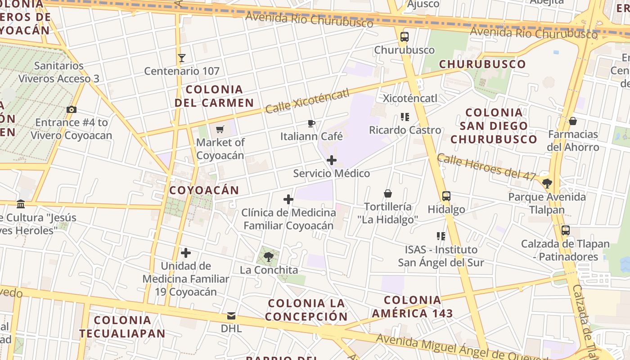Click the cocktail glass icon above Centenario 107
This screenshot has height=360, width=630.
point(182,58)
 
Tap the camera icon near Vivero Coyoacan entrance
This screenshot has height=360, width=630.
point(71,109)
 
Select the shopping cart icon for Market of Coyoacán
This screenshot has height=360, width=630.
point(220,130)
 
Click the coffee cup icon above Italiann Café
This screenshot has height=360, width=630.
point(311,123)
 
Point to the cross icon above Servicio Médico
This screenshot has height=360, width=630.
point(332,160)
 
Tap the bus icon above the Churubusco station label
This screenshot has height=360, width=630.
point(404,37)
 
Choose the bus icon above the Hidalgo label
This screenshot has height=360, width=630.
point(446,196)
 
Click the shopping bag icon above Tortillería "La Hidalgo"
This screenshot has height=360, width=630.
point(387,193)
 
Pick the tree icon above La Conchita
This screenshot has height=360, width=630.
point(269,257)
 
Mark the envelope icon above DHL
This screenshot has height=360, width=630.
point(231,315)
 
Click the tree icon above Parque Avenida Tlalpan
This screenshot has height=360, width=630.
point(547,184)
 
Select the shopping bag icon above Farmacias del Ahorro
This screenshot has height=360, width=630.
point(573,121)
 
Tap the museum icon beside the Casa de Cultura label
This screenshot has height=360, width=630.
point(21,204)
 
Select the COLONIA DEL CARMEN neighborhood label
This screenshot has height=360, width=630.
point(214,96)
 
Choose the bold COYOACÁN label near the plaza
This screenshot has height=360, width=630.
point(204,190)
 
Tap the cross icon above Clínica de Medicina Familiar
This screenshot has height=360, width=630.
point(288,199)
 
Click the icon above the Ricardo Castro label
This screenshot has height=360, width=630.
point(405,117)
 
